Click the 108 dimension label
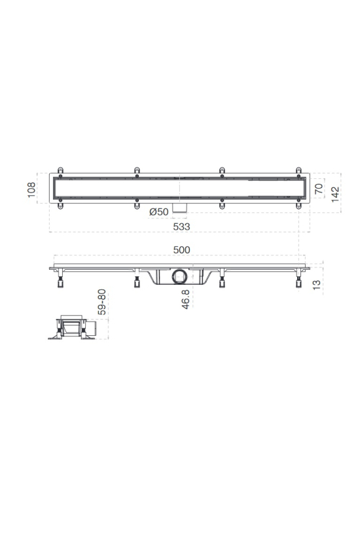point(31,190)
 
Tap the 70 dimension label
point(319,189)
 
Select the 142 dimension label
point(335,194)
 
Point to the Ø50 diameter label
point(159,212)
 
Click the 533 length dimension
point(181,227)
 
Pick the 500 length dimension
point(181,250)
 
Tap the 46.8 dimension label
point(185,299)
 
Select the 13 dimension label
point(317,285)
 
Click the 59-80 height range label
point(101,302)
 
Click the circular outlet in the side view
point(179,276)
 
